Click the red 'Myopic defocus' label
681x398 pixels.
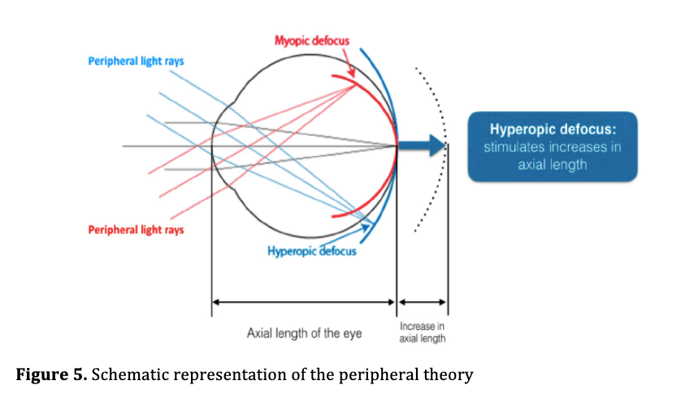pyautogui.click(x=312, y=41)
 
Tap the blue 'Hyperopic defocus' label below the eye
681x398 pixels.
pyautogui.click(x=312, y=251)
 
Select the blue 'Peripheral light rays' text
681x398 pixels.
pyautogui.click(x=136, y=61)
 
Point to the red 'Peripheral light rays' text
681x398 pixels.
pyautogui.click(x=136, y=230)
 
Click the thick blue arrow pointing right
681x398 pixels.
pyautogui.click(x=422, y=145)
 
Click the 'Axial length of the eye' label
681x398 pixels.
pyautogui.click(x=305, y=333)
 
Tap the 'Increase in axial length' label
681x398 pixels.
pyautogui.click(x=422, y=332)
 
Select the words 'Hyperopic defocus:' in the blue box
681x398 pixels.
pyautogui.click(x=553, y=129)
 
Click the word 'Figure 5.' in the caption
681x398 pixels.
pyautogui.click(x=52, y=374)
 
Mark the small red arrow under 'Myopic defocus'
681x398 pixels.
pyautogui.click(x=349, y=63)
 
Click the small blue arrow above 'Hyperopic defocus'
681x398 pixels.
pyautogui.click(x=348, y=235)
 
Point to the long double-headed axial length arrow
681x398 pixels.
pyautogui.click(x=304, y=302)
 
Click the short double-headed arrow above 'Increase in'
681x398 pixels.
pyautogui.click(x=422, y=302)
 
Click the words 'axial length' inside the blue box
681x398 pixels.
pyautogui.click(x=553, y=165)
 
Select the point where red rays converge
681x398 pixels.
pyautogui.click(x=355, y=85)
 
